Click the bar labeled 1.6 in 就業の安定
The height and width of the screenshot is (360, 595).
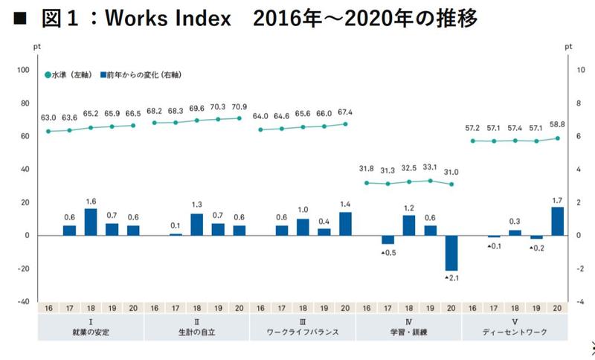pos(91,222)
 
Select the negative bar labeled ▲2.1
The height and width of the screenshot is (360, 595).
pos(451,253)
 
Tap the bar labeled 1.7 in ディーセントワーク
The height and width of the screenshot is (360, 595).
pos(557,221)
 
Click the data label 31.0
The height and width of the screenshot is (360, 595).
pos(451,172)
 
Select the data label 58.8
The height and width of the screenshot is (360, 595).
pos(557,126)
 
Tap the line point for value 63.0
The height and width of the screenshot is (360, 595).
pos(48,131)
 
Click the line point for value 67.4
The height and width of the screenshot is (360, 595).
pos(345,123)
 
